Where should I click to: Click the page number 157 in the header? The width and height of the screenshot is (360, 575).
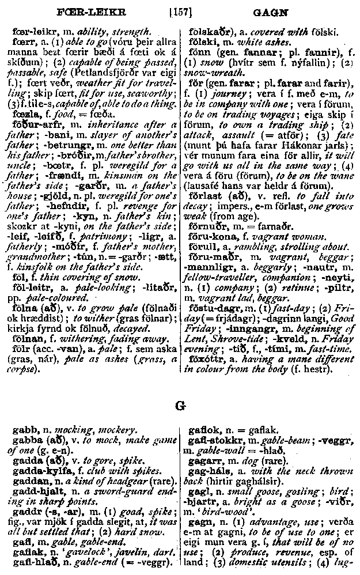pos(181,10)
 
